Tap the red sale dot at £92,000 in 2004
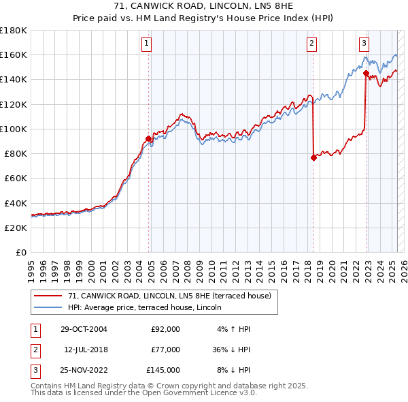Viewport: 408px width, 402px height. [x=148, y=139]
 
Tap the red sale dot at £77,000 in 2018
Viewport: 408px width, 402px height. [x=313, y=157]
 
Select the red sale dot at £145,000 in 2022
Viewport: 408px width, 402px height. [x=366, y=73]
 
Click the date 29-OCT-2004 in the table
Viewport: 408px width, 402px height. [x=84, y=329]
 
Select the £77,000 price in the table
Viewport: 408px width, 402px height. [x=165, y=350]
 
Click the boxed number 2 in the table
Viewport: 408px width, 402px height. [x=35, y=350]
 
